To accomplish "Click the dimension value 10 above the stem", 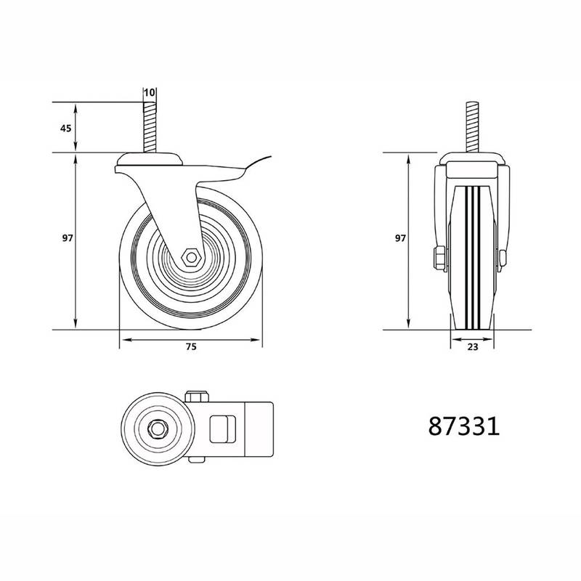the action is (149, 92).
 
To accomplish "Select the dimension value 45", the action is (65, 129).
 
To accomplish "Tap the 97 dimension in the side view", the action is (68, 238).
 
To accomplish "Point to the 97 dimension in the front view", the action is (400, 238).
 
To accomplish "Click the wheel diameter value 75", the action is (191, 347).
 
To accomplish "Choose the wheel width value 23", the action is (473, 347).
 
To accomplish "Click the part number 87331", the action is (464, 426).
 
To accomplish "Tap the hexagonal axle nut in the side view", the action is (191, 257).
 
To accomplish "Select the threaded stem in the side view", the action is (150, 127).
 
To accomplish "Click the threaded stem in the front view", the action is (473, 127).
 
